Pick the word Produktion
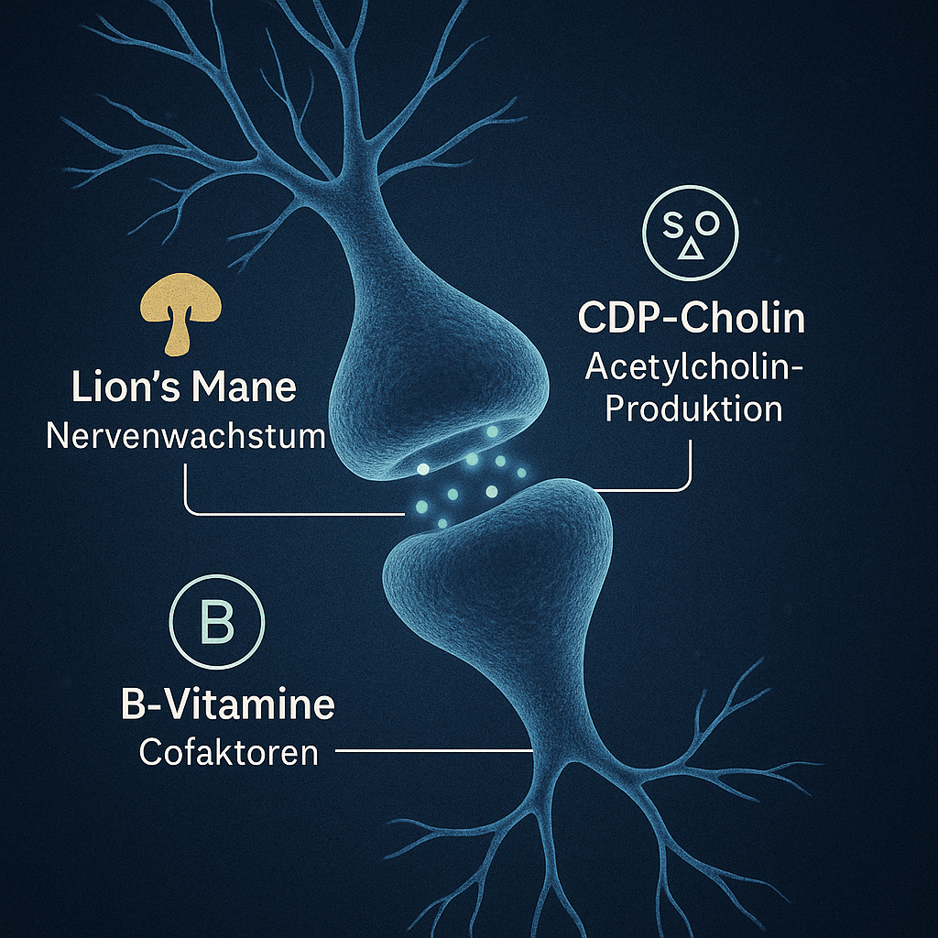[694, 408]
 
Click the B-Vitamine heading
[227, 706]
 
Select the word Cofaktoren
[229, 753]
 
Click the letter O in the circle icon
[713, 224]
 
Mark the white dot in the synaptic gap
[423, 469]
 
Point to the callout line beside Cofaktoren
[435, 752]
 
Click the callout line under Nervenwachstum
[275, 511]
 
